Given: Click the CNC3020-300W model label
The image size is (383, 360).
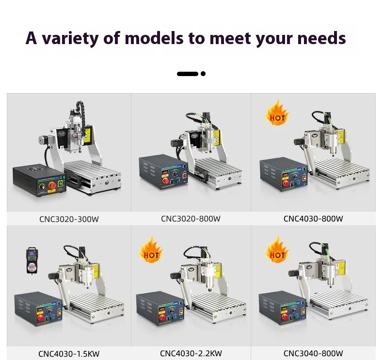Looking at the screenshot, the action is pos(69,219).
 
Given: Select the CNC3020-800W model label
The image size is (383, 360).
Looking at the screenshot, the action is pos(191,219).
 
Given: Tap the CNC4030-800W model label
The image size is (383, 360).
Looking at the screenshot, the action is pos(313,219).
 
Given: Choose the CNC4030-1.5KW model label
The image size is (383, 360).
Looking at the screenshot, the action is pos(69,353).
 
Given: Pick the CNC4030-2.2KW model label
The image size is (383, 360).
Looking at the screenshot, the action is pos(191,353).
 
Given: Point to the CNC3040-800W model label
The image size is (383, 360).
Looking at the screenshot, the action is pos(313,353).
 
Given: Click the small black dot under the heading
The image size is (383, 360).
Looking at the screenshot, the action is pos(203,74).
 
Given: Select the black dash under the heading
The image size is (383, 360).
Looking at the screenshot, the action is pos(188,74).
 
